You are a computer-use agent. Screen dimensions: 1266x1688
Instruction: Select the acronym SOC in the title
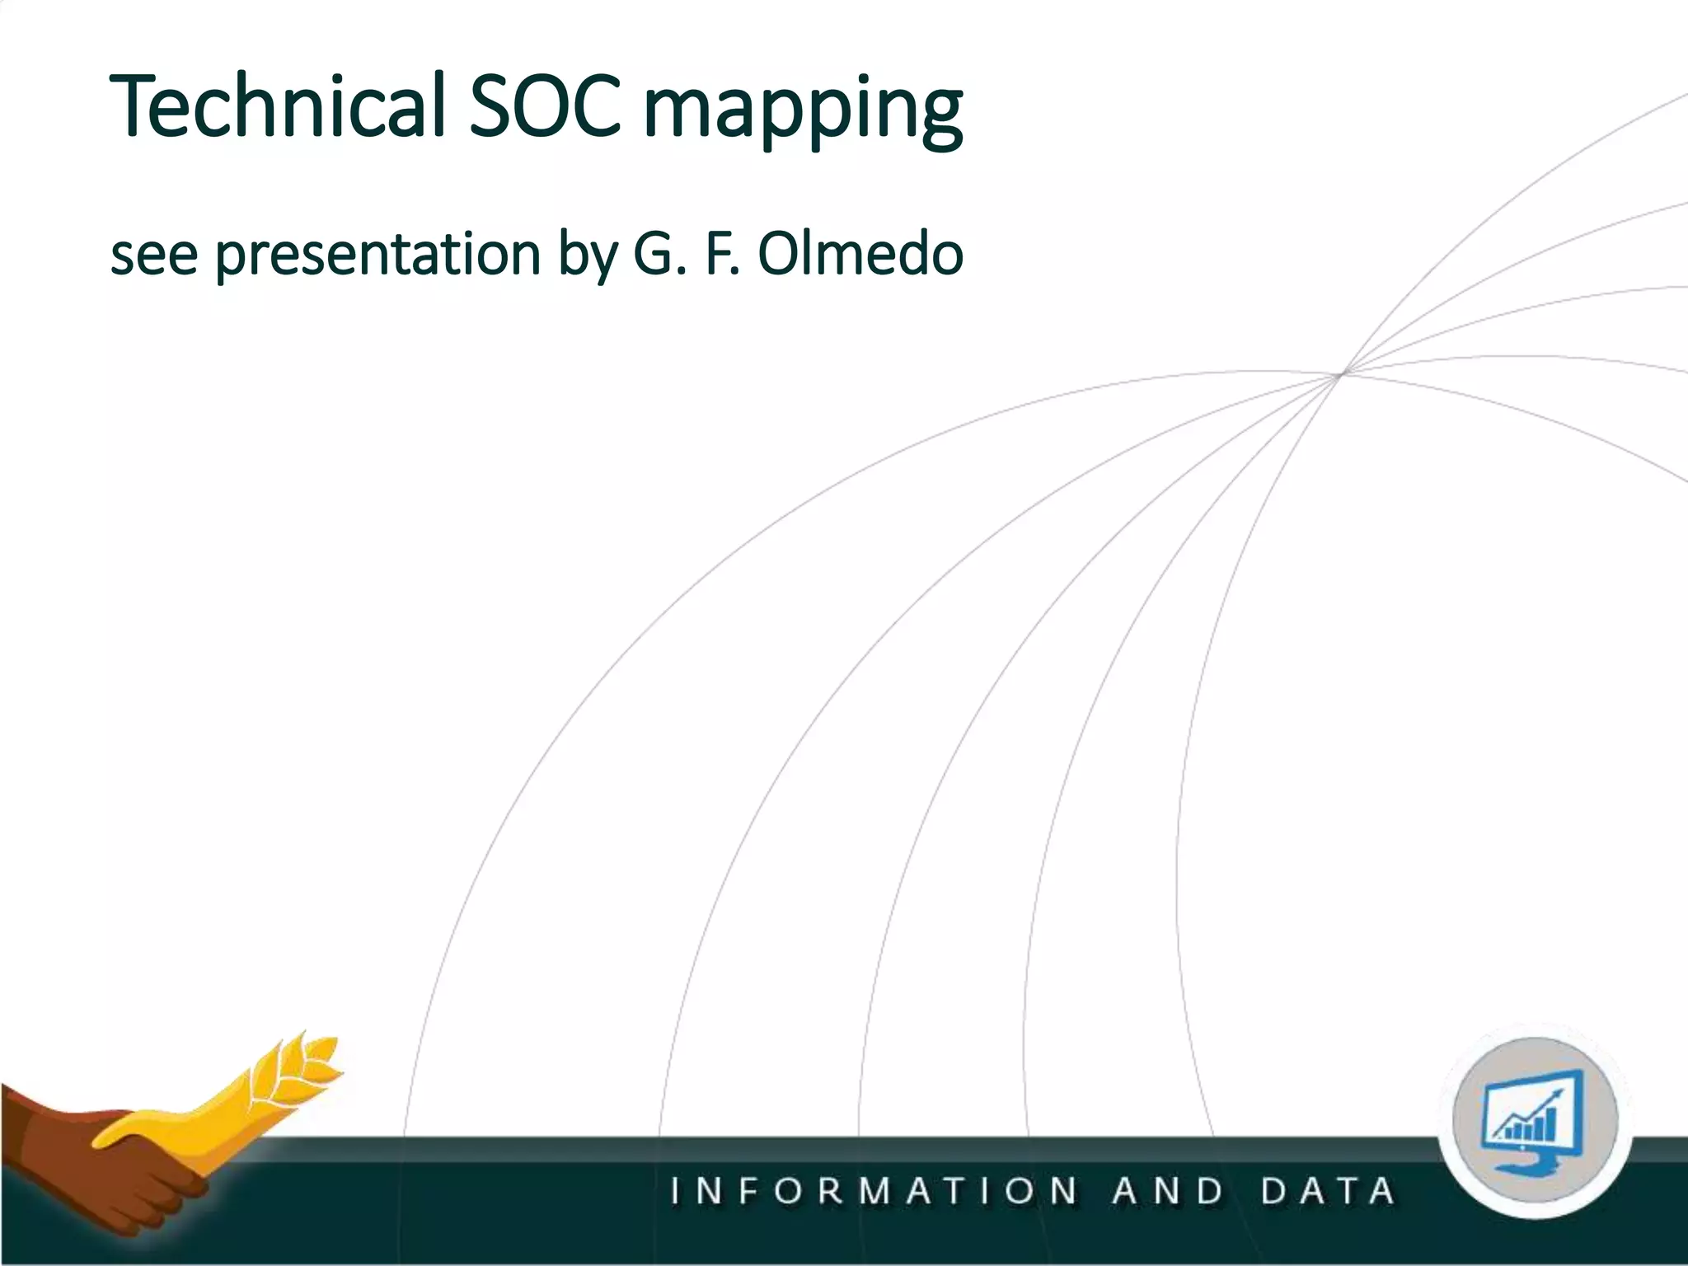pyautogui.click(x=544, y=107)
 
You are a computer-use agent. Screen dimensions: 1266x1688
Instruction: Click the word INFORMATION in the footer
pyautogui.click(x=874, y=1192)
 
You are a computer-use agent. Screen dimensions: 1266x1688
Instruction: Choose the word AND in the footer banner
pyautogui.click(x=1168, y=1192)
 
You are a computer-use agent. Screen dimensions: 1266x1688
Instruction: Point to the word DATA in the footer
pyautogui.click(x=1328, y=1192)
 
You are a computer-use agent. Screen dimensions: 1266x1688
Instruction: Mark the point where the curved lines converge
pyautogui.click(x=1342, y=374)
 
